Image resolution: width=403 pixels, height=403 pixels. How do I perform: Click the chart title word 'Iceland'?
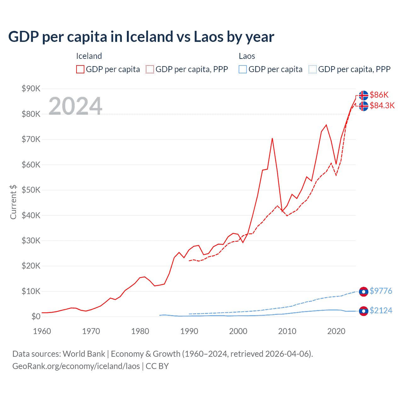pos(149,37)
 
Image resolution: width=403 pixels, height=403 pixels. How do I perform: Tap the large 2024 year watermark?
pos(75,106)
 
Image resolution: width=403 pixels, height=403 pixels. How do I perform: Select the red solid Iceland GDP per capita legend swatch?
pos(80,69)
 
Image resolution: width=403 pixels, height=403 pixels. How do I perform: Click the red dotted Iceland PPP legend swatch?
pos(150,69)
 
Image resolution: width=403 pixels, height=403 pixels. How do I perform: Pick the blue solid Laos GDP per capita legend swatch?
pos(243,69)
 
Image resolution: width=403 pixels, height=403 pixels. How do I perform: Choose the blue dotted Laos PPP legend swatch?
pos(313,69)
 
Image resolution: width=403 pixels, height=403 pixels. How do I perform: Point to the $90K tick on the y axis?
pos(31,88)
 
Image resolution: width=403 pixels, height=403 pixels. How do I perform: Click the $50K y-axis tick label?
pos(31,190)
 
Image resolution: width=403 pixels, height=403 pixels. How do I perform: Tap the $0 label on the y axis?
pos(36,316)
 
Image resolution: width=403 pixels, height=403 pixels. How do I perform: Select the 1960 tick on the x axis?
pos(42,331)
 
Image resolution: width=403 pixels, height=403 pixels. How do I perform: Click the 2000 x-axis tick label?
pos(238,331)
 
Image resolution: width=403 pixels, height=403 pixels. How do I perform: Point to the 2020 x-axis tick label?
pos(336,331)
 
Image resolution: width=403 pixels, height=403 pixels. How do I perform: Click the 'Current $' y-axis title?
pos(13,202)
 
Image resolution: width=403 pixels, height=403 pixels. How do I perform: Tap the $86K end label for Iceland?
pos(379,95)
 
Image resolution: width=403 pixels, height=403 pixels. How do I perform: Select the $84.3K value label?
pos(382,105)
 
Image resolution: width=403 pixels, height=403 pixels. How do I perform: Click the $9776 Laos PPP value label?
pos(381,291)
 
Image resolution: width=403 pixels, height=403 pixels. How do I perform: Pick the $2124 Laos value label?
pos(381,310)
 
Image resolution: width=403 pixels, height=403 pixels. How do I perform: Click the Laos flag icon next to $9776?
pos(364,292)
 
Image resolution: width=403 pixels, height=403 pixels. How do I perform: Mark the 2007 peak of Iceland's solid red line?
pos(272,138)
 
